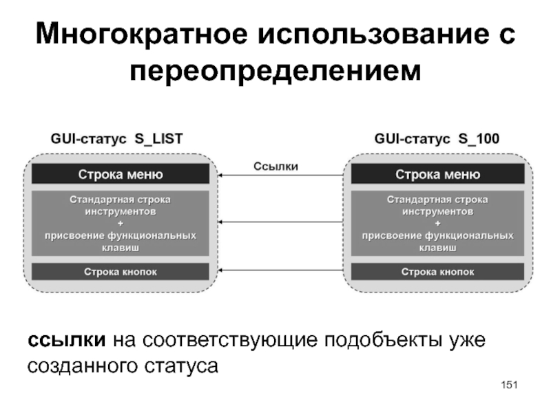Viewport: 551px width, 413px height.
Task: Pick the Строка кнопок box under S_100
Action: tap(437, 271)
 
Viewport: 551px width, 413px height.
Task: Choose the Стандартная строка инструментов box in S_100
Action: tap(437, 222)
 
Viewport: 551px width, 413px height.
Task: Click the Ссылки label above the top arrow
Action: tap(276, 165)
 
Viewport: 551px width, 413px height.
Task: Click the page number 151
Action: tap(510, 383)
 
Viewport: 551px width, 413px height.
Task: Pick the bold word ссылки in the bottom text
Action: tap(66, 339)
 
